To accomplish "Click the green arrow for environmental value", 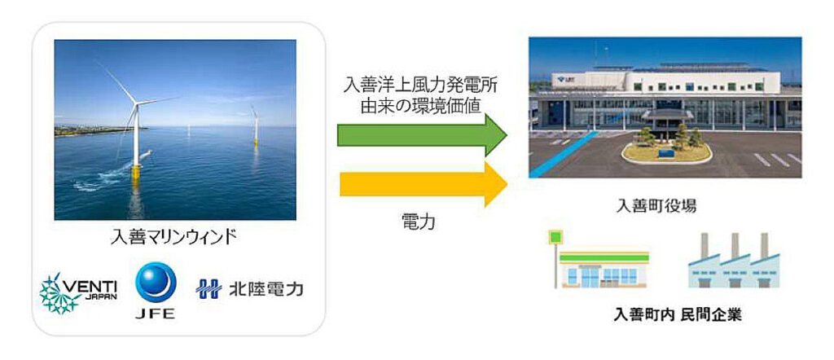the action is tap(422, 134).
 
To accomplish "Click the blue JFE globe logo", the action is tap(156, 283).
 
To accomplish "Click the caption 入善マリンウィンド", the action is tap(173, 236).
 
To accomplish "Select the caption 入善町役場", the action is tap(656, 206).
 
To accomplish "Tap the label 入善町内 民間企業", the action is tap(677, 314).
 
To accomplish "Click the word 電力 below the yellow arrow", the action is tap(419, 222).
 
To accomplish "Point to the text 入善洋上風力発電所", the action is tap(422, 86).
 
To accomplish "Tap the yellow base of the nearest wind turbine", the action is tap(137, 173).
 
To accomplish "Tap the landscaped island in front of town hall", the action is tap(666, 151).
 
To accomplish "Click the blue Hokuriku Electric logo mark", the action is tap(208, 289).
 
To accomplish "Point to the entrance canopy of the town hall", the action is tap(665, 115).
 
